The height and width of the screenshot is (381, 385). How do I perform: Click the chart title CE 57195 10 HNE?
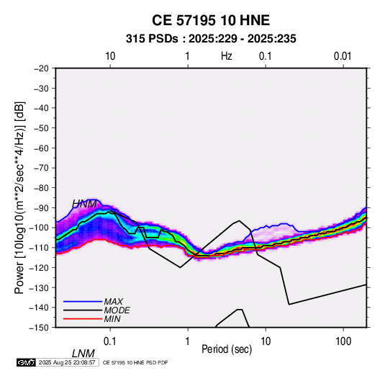[211, 20]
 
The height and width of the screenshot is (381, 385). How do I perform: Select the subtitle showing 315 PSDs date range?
[211, 39]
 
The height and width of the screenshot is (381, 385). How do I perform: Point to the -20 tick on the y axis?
[42, 68]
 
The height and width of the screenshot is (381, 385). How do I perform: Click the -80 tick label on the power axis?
[42, 188]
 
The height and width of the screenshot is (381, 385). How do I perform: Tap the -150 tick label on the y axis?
[40, 328]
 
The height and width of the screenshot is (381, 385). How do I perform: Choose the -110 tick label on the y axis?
[40, 248]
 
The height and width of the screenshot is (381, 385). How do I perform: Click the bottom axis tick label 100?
[343, 341]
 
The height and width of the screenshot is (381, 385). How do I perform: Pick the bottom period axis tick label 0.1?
[110, 341]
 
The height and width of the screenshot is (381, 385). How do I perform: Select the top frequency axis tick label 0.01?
[343, 56]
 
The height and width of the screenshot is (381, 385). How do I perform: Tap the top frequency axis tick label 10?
[110, 56]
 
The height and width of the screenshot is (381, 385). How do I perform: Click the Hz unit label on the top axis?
[227, 56]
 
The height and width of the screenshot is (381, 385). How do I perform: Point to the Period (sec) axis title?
[227, 349]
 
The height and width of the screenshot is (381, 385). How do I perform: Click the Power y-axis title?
[19, 197]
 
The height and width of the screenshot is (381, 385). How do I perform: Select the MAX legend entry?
[114, 302]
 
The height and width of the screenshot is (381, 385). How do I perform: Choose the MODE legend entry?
[117, 310]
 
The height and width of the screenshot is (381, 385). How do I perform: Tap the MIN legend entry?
[112, 319]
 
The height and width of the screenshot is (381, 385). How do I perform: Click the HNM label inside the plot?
[84, 204]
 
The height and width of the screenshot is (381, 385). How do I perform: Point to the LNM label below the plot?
[83, 354]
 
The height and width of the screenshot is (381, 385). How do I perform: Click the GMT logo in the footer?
[26, 362]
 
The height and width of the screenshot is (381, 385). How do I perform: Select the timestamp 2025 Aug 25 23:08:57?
[67, 362]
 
